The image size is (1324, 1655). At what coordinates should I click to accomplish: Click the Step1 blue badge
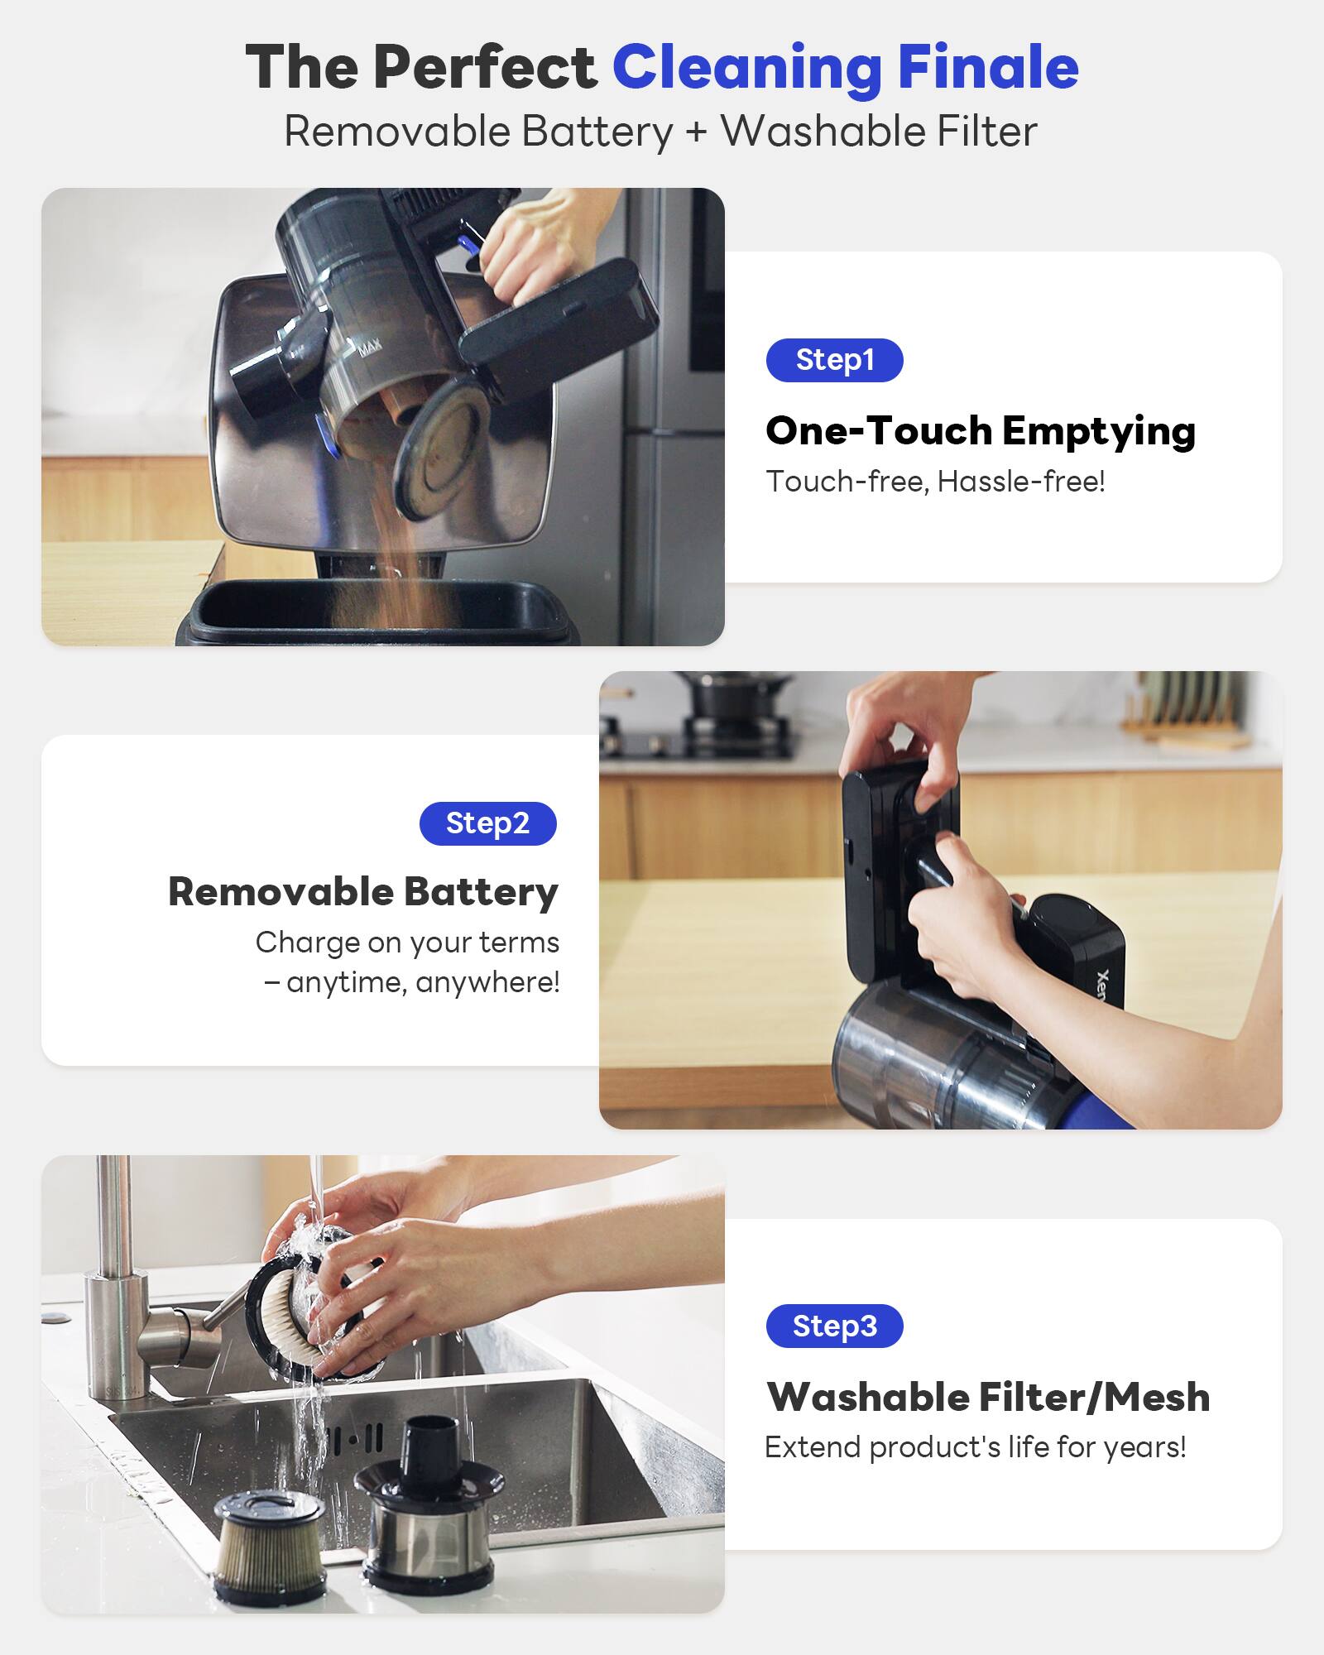[x=834, y=360]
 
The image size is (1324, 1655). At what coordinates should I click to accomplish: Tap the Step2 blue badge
[x=487, y=823]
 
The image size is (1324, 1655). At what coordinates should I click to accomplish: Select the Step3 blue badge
[x=834, y=1326]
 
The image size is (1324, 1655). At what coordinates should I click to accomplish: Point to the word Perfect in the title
[x=484, y=67]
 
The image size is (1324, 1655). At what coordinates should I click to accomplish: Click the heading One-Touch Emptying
[x=981, y=430]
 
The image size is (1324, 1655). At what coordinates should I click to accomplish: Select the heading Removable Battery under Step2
[x=363, y=892]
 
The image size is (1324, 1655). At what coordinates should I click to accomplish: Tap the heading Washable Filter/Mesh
[x=988, y=1397]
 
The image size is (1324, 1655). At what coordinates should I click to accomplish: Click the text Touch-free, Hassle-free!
[x=935, y=482]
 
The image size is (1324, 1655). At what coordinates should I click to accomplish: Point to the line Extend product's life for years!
[x=975, y=1447]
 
